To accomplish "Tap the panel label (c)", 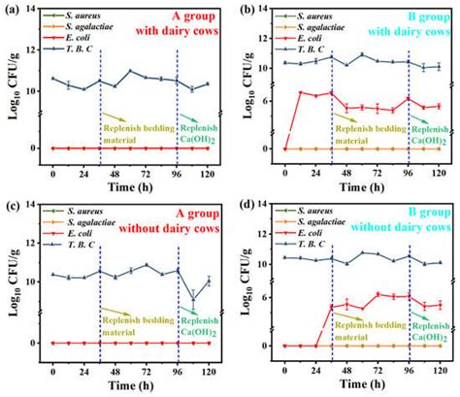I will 12,207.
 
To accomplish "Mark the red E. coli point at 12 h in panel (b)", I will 300,92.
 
